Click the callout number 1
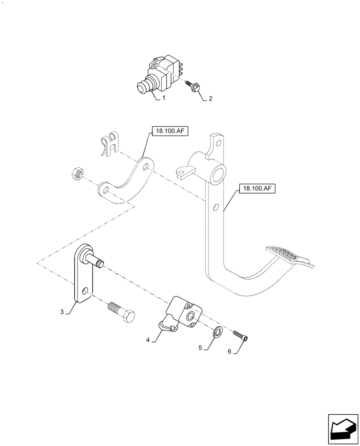[x=164, y=97]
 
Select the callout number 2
[x=210, y=99]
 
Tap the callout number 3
[x=62, y=311]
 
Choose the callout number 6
[x=229, y=351]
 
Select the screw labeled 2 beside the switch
[x=195, y=86]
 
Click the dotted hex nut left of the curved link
[x=77, y=173]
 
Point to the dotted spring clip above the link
[x=108, y=143]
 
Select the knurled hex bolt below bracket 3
[x=122, y=311]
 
